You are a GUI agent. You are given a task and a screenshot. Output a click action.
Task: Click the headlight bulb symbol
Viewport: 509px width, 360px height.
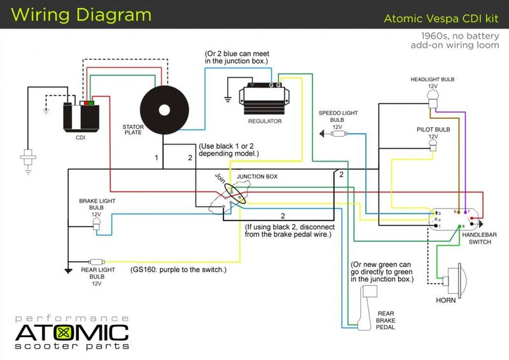[x=433, y=96]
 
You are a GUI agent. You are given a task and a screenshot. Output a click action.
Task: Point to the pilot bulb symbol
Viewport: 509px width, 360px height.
[x=433, y=147]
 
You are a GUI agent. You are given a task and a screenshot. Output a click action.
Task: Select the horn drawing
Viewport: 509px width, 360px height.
[x=454, y=280]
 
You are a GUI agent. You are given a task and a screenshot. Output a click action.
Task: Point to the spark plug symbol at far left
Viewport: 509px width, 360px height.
[x=28, y=156]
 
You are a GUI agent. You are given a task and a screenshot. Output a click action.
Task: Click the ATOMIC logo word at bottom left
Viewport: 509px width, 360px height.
[x=72, y=332]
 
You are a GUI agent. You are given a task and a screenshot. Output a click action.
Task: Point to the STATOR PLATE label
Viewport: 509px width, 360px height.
[x=132, y=129]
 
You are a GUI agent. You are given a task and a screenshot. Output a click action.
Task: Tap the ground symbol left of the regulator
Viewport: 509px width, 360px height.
[x=228, y=99]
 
